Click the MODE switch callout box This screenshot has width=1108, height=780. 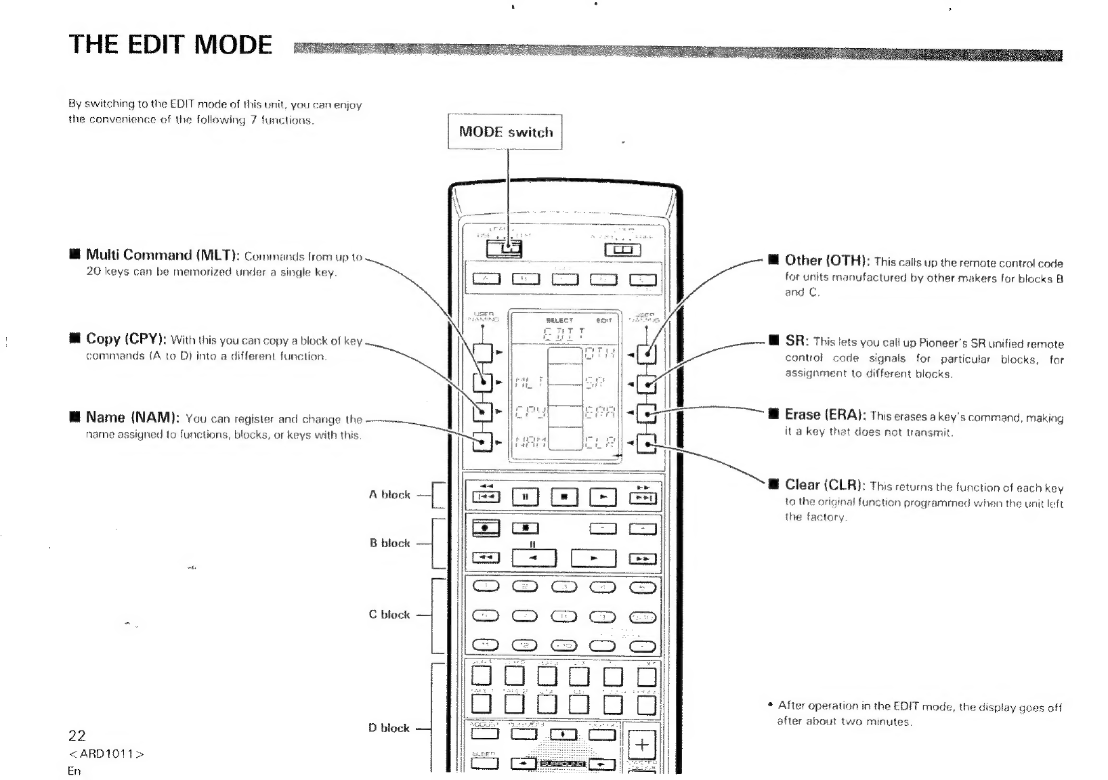[505, 132]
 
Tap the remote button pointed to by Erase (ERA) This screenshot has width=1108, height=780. [647, 414]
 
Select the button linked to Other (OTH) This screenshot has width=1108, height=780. [647, 353]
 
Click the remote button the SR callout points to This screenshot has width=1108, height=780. [647, 384]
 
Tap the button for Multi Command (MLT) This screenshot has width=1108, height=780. [482, 383]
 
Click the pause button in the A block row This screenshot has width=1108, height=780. [525, 497]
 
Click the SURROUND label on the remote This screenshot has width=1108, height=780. [563, 764]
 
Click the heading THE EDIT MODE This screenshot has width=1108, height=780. [171, 45]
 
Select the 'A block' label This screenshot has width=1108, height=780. [389, 495]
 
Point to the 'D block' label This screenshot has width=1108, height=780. [389, 728]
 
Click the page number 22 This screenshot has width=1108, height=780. [77, 735]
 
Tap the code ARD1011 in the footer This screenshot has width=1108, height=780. [106, 754]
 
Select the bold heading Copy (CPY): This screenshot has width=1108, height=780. [127, 339]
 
